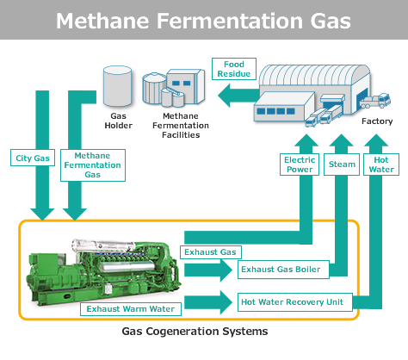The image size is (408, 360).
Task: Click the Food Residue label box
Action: [234, 69]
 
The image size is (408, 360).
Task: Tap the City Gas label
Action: [33, 158]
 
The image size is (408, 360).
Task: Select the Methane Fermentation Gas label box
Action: [93, 165]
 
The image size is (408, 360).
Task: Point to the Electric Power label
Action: [300, 164]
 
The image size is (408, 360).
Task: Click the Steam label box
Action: [342, 164]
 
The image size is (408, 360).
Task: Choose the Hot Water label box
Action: [381, 164]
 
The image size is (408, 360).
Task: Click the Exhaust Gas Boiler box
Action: [283, 270]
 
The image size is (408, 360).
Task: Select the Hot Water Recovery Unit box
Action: [295, 302]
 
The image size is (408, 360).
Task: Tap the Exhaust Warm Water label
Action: [131, 309]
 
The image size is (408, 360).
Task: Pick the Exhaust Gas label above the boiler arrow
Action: [211, 252]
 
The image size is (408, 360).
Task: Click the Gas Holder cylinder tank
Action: [117, 86]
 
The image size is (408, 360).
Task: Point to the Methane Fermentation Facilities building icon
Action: [174, 88]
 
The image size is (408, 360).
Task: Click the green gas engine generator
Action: [104, 272]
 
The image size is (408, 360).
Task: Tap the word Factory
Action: [377, 121]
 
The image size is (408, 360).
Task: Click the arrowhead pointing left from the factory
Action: [224, 96]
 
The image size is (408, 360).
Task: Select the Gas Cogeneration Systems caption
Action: [195, 332]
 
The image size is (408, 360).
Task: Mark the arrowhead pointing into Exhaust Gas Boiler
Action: [226, 270]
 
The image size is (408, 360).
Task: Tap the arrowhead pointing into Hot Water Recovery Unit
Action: [226, 302]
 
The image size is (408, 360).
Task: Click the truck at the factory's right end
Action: [375, 101]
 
